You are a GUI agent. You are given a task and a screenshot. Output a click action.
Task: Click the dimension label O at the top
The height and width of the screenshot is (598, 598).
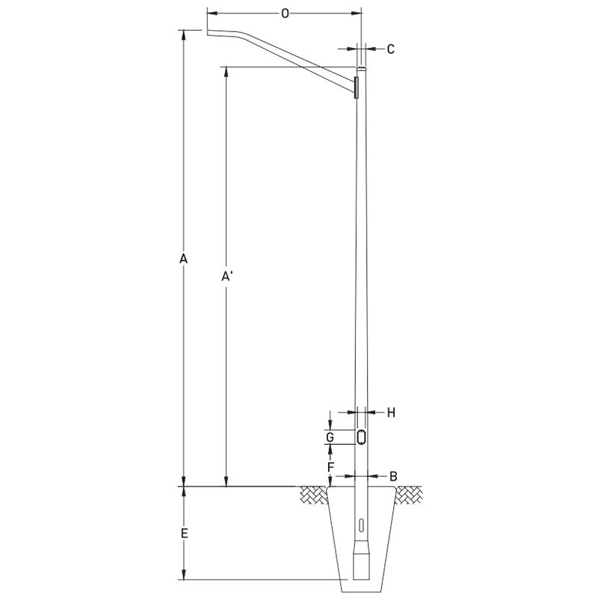click(285, 13)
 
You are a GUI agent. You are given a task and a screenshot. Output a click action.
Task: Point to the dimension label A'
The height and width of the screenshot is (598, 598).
click(228, 277)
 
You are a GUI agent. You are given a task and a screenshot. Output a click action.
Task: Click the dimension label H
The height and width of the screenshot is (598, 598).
click(390, 411)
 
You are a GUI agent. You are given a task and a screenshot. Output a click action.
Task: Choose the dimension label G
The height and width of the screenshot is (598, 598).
click(328, 437)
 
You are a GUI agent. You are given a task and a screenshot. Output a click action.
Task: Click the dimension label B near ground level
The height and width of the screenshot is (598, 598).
click(393, 475)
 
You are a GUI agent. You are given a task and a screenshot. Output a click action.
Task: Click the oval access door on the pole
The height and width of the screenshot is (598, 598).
click(361, 437)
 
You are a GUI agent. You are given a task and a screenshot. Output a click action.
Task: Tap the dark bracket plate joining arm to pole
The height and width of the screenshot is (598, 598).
click(357, 87)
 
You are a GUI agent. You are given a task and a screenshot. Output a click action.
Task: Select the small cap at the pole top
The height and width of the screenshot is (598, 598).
click(362, 68)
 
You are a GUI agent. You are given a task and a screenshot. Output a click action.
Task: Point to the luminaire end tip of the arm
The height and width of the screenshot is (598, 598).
click(208, 32)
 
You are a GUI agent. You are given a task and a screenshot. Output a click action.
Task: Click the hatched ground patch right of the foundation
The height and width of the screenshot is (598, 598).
click(410, 493)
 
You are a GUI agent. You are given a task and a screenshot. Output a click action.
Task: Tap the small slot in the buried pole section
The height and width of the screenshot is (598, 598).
click(361, 525)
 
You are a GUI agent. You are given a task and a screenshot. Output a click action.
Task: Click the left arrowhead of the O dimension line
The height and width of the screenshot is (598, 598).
click(209, 13)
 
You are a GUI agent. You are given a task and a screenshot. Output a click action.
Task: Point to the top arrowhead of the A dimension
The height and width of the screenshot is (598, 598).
click(182, 33)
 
